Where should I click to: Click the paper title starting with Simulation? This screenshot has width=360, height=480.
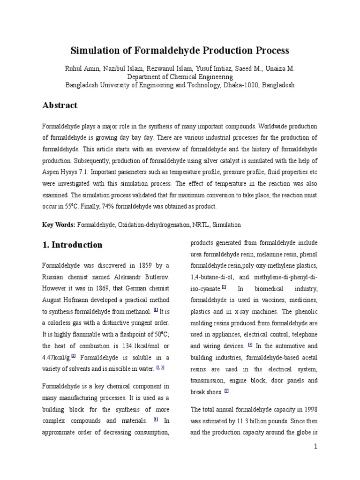(x=180, y=50)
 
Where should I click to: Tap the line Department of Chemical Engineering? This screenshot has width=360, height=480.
(x=180, y=76)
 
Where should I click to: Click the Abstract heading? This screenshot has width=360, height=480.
(x=60, y=105)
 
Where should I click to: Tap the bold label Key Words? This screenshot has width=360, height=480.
(x=59, y=225)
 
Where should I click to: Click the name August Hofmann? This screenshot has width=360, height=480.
(x=63, y=300)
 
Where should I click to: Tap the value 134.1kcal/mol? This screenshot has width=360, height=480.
(x=139, y=346)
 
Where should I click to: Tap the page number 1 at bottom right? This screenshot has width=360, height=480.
(x=316, y=447)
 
